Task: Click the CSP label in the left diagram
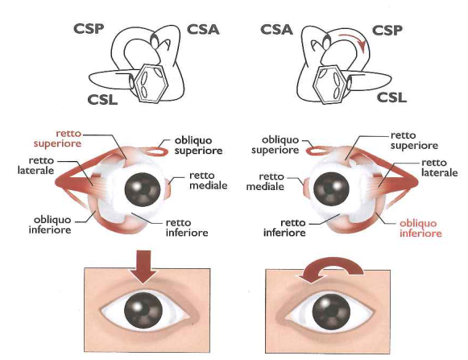tap(89, 29)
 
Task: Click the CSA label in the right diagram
tap(276, 30)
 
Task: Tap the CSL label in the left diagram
tap(102, 99)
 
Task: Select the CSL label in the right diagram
tap(391, 97)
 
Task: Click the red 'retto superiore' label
tap(57, 139)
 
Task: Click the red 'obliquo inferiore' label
tap(420, 228)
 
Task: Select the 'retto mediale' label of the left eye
tap(209, 180)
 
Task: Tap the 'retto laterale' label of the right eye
tap(439, 168)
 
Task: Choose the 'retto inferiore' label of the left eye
tap(187, 227)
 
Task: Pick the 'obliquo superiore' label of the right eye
tap(275, 145)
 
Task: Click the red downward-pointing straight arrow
tap(143, 267)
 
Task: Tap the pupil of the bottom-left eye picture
tap(143, 310)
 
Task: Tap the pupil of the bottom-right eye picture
tap(331, 309)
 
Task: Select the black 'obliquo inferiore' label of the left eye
tap(50, 225)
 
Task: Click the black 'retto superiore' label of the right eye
tap(414, 140)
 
